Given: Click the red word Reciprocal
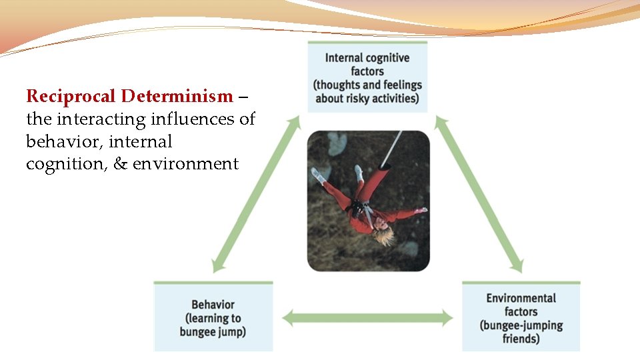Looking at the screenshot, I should (72, 97).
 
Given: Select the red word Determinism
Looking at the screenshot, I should (177, 97).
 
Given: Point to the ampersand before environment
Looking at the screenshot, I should (121, 164).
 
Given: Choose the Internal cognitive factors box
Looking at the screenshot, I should (367, 77).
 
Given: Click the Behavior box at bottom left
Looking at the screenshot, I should (213, 317).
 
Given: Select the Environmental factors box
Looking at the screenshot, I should (521, 317).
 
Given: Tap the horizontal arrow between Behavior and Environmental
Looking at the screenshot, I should (367, 318).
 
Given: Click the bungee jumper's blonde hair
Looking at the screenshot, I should (382, 235).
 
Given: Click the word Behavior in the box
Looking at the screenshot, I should (213, 305).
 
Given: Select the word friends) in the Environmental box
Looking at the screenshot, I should (521, 338).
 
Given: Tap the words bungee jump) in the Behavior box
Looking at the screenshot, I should (213, 331).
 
